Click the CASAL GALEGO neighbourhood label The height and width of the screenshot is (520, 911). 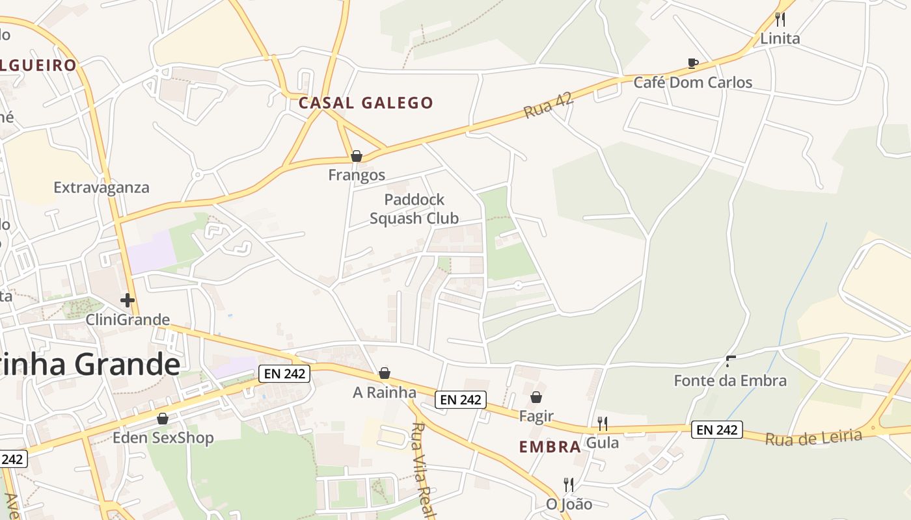pos(366,103)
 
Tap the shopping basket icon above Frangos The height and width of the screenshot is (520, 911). pos(356,156)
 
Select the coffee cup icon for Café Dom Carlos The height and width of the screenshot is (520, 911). pos(693,63)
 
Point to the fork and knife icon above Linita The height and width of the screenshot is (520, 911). pos(780,19)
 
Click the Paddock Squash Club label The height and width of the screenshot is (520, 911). pos(415,209)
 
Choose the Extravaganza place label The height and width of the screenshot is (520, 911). pos(102,187)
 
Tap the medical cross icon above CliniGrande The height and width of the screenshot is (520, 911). pos(128,300)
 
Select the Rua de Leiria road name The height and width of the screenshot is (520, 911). pos(813,437)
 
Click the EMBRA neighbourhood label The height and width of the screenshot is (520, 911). pos(550,447)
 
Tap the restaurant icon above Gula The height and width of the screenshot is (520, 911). pos(603,424)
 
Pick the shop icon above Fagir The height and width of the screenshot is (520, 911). pos(536,397)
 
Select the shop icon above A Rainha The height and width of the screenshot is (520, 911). pos(385,373)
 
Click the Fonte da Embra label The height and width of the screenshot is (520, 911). pos(730,380)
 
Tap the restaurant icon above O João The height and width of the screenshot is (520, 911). pos(569,485)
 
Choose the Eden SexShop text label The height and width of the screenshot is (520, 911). pos(163,437)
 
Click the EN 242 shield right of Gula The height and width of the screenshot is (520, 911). pos(716,430)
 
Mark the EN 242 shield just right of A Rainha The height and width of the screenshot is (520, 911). pos(461,400)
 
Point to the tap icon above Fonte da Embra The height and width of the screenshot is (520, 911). pos(731,361)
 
